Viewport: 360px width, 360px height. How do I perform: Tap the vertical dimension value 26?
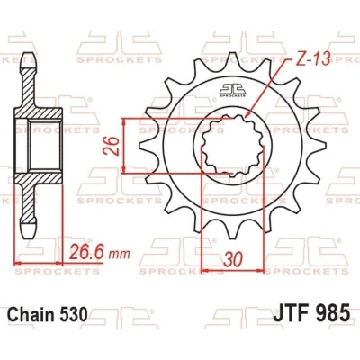click(112, 146)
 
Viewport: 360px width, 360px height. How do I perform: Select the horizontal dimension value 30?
click(233, 259)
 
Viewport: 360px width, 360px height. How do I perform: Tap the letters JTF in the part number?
click(291, 312)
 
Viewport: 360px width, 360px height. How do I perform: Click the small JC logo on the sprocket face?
click(232, 91)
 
